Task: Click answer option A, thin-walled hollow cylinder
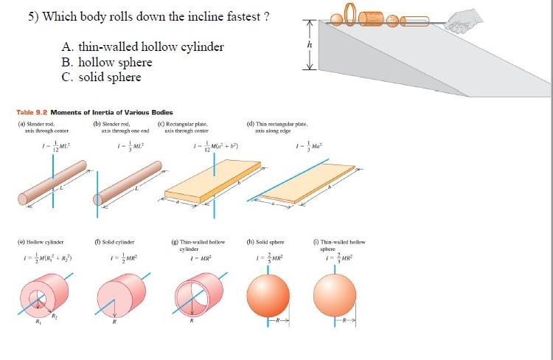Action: (142, 48)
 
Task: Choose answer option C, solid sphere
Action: (101, 77)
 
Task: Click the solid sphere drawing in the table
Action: (268, 295)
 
